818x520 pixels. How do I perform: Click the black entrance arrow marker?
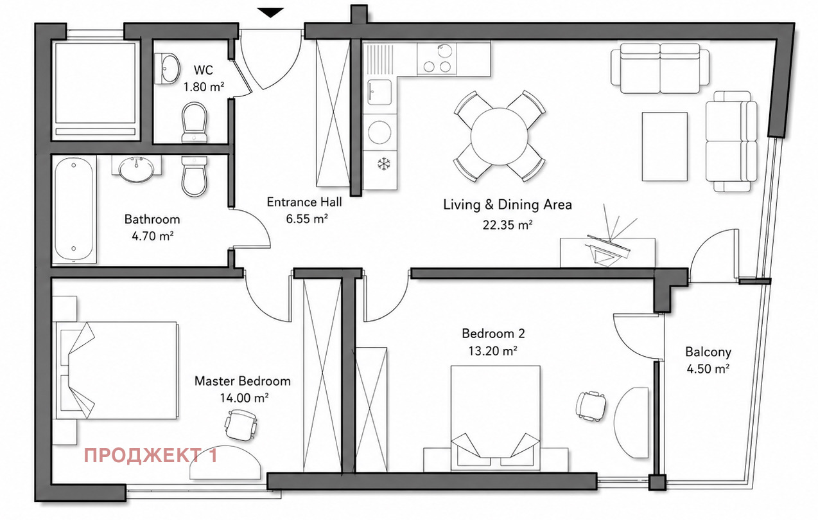click(270, 12)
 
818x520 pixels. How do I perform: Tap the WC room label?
click(204, 70)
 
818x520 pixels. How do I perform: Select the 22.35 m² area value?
click(507, 224)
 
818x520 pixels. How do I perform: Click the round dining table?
click(499, 136)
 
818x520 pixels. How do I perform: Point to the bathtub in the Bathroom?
click(74, 210)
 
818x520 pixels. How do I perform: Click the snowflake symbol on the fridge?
click(384, 163)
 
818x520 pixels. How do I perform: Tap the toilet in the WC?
click(195, 121)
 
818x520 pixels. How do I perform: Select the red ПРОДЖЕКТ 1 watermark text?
click(151, 455)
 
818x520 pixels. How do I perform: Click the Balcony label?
click(708, 352)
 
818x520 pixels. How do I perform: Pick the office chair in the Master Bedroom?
click(241, 425)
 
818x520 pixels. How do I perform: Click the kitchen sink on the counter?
click(379, 92)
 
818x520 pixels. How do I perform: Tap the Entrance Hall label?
click(304, 202)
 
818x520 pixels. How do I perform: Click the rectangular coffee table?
click(665, 147)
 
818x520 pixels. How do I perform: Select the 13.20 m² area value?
click(492, 351)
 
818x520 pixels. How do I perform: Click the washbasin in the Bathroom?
click(137, 169)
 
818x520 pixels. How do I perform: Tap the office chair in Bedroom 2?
click(590, 406)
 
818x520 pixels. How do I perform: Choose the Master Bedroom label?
click(243, 381)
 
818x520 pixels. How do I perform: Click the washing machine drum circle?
click(379, 132)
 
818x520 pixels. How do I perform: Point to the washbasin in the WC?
click(168, 69)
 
